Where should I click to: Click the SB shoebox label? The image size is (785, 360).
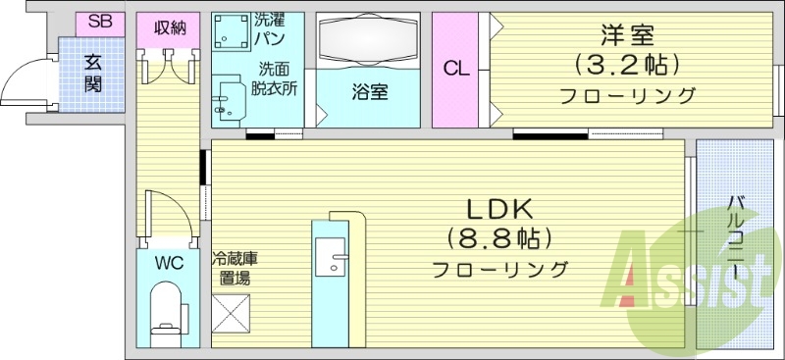coord(98,22)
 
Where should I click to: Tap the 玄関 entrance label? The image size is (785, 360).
coord(93,71)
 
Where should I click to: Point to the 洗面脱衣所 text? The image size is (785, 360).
coord(278,77)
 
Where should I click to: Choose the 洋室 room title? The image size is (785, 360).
coord(628,36)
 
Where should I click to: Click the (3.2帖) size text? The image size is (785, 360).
coord(628,66)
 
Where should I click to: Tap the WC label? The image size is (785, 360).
coord(168,263)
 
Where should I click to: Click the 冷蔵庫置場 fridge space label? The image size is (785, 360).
coord(235,268)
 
